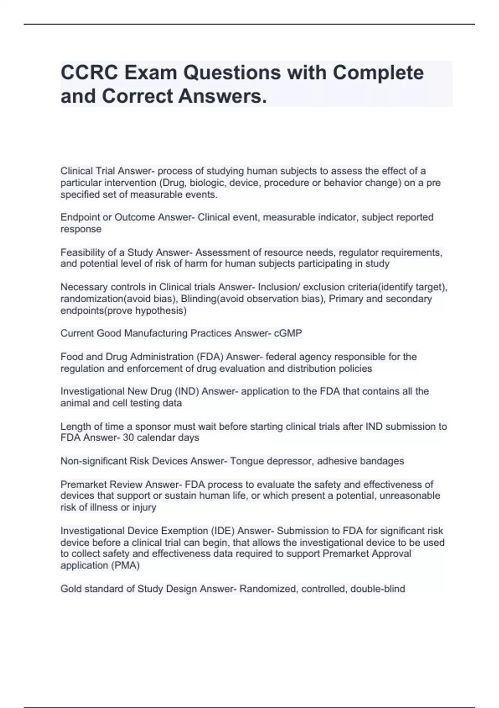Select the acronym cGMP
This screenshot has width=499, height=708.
[x=288, y=333]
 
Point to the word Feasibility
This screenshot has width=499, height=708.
[x=81, y=252]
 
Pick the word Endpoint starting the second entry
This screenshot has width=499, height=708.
[x=80, y=217]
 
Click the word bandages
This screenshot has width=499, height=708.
[x=382, y=461]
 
